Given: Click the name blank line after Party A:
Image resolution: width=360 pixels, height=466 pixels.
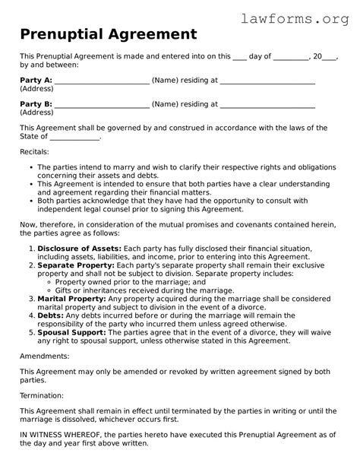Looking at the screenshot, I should pyautogui.click(x=103, y=81).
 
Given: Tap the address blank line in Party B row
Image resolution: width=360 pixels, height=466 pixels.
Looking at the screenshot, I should pyautogui.click(x=267, y=105).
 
